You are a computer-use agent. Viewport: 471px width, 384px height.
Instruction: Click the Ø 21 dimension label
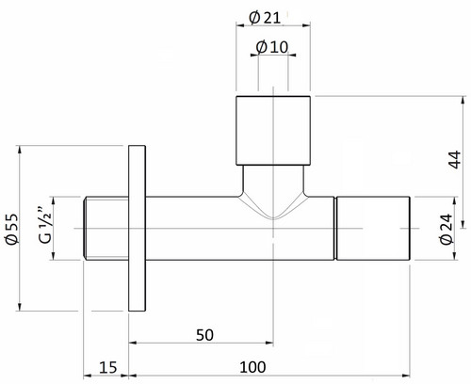[265, 18]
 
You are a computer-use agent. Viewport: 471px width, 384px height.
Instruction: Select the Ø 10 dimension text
[272, 47]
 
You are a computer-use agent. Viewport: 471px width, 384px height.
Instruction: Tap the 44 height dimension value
[455, 160]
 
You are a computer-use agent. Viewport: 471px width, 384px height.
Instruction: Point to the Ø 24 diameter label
[447, 229]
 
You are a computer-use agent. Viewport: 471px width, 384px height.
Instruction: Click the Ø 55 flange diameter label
[12, 229]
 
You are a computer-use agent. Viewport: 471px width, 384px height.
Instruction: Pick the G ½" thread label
[45, 225]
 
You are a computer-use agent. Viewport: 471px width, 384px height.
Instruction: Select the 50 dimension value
[204, 335]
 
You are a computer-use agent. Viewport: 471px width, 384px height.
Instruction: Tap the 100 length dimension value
[252, 367]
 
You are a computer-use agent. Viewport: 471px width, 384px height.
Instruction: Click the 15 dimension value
[108, 367]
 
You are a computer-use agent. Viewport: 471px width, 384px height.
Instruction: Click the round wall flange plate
[137, 229]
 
